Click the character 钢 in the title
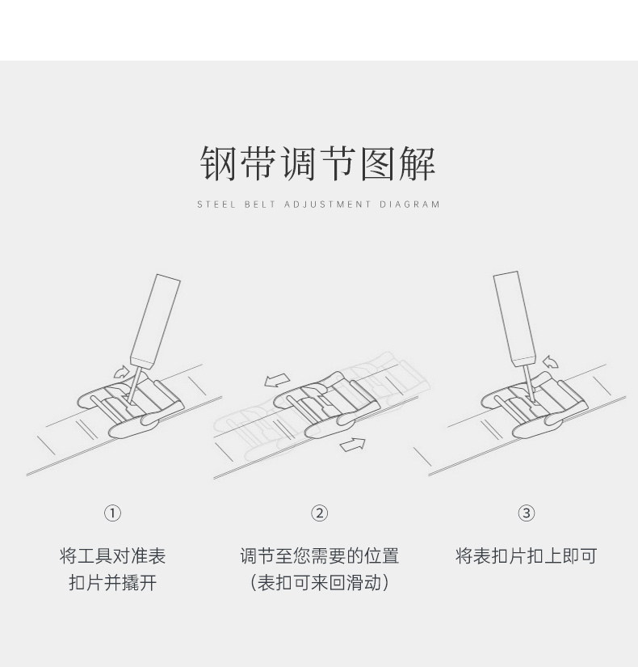[219, 163]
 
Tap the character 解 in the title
[417, 163]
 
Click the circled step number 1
[112, 513]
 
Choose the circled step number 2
[319, 513]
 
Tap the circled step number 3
[526, 513]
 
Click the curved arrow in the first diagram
[120, 371]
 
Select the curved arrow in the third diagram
[551, 361]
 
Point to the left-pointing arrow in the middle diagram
[277, 379]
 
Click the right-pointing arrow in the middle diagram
[353, 444]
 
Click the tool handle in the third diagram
[514, 315]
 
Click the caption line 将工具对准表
[112, 556]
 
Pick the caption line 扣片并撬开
[112, 582]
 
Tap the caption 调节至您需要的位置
[319, 556]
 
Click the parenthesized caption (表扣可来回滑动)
[319, 582]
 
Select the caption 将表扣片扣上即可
[526, 556]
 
